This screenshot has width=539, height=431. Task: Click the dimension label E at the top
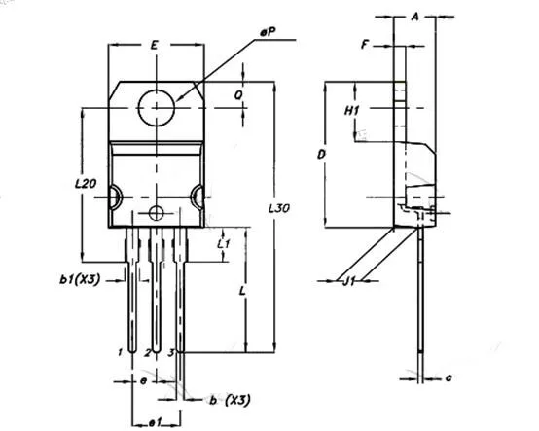click(x=156, y=46)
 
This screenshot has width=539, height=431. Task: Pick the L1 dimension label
click(x=222, y=243)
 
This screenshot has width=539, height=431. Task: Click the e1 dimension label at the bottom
click(x=154, y=421)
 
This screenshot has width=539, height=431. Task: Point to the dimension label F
click(x=364, y=45)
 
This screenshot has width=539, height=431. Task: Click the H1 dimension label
click(x=353, y=111)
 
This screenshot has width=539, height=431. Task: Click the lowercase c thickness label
click(x=449, y=376)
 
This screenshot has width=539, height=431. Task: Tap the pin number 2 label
click(x=147, y=350)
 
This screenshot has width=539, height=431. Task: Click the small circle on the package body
click(x=157, y=212)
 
